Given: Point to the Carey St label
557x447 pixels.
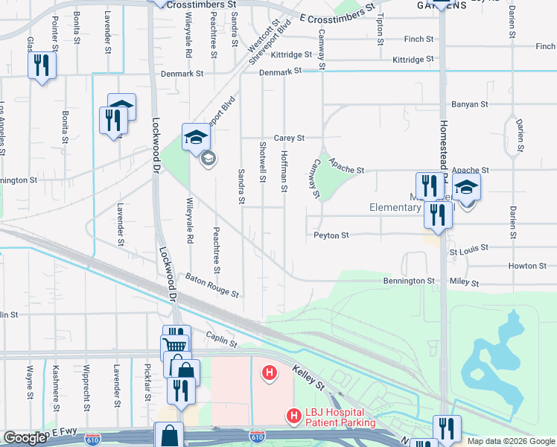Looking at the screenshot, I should pos(290,138).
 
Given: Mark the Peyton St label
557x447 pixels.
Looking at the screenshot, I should pos(331,235).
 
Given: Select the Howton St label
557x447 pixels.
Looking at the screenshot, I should pos(522,266).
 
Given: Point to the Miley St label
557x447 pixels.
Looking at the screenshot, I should pos(465,282).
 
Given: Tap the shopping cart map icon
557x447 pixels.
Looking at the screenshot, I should pos(174,345).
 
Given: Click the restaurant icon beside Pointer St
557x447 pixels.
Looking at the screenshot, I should pos(42,65).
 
